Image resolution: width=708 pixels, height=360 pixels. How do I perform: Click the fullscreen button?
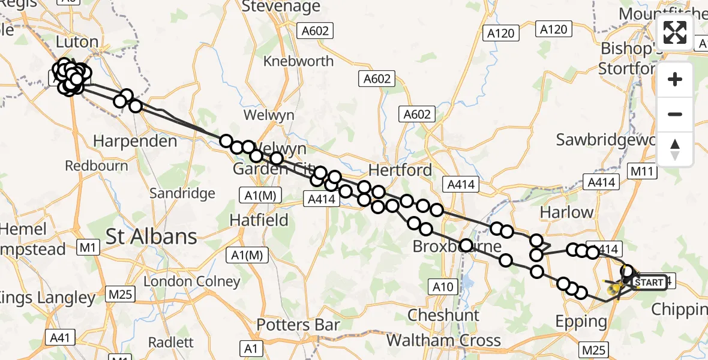click(675, 32)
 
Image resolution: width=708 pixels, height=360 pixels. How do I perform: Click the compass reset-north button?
click(675, 149)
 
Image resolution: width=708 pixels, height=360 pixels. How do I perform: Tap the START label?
click(649, 283)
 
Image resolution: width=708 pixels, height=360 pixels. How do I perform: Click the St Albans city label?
click(151, 236)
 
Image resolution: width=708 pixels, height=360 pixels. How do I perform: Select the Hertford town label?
click(400, 170)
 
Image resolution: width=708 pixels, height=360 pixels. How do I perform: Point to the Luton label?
click(77, 42)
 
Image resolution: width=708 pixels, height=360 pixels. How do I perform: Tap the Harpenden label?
click(135, 142)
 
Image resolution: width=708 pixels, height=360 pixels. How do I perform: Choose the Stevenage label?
click(281, 7)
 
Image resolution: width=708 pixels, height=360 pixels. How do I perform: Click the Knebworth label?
click(298, 61)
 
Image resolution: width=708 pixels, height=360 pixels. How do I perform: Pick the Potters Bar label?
click(298, 325)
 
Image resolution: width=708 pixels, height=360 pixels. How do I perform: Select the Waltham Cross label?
click(443, 341)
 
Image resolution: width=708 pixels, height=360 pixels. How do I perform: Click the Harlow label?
click(566, 212)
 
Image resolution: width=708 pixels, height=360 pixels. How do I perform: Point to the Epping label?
click(581, 322)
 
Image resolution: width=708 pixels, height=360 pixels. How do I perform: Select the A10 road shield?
click(443, 287)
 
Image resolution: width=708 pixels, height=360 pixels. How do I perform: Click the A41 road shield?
click(60, 338)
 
